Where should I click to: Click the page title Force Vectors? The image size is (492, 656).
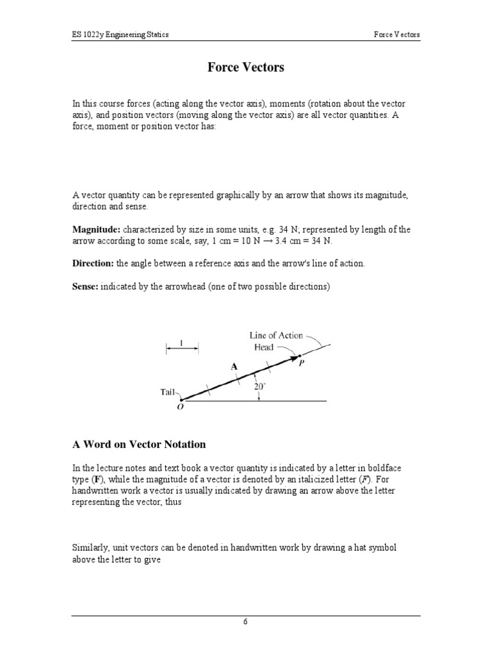245,67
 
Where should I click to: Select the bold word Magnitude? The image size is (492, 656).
95,229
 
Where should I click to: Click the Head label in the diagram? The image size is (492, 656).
263,347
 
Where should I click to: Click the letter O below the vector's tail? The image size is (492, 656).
180,407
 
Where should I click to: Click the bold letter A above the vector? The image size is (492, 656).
234,366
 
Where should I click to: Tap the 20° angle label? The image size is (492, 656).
259,386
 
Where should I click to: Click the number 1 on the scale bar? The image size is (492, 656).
182,343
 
